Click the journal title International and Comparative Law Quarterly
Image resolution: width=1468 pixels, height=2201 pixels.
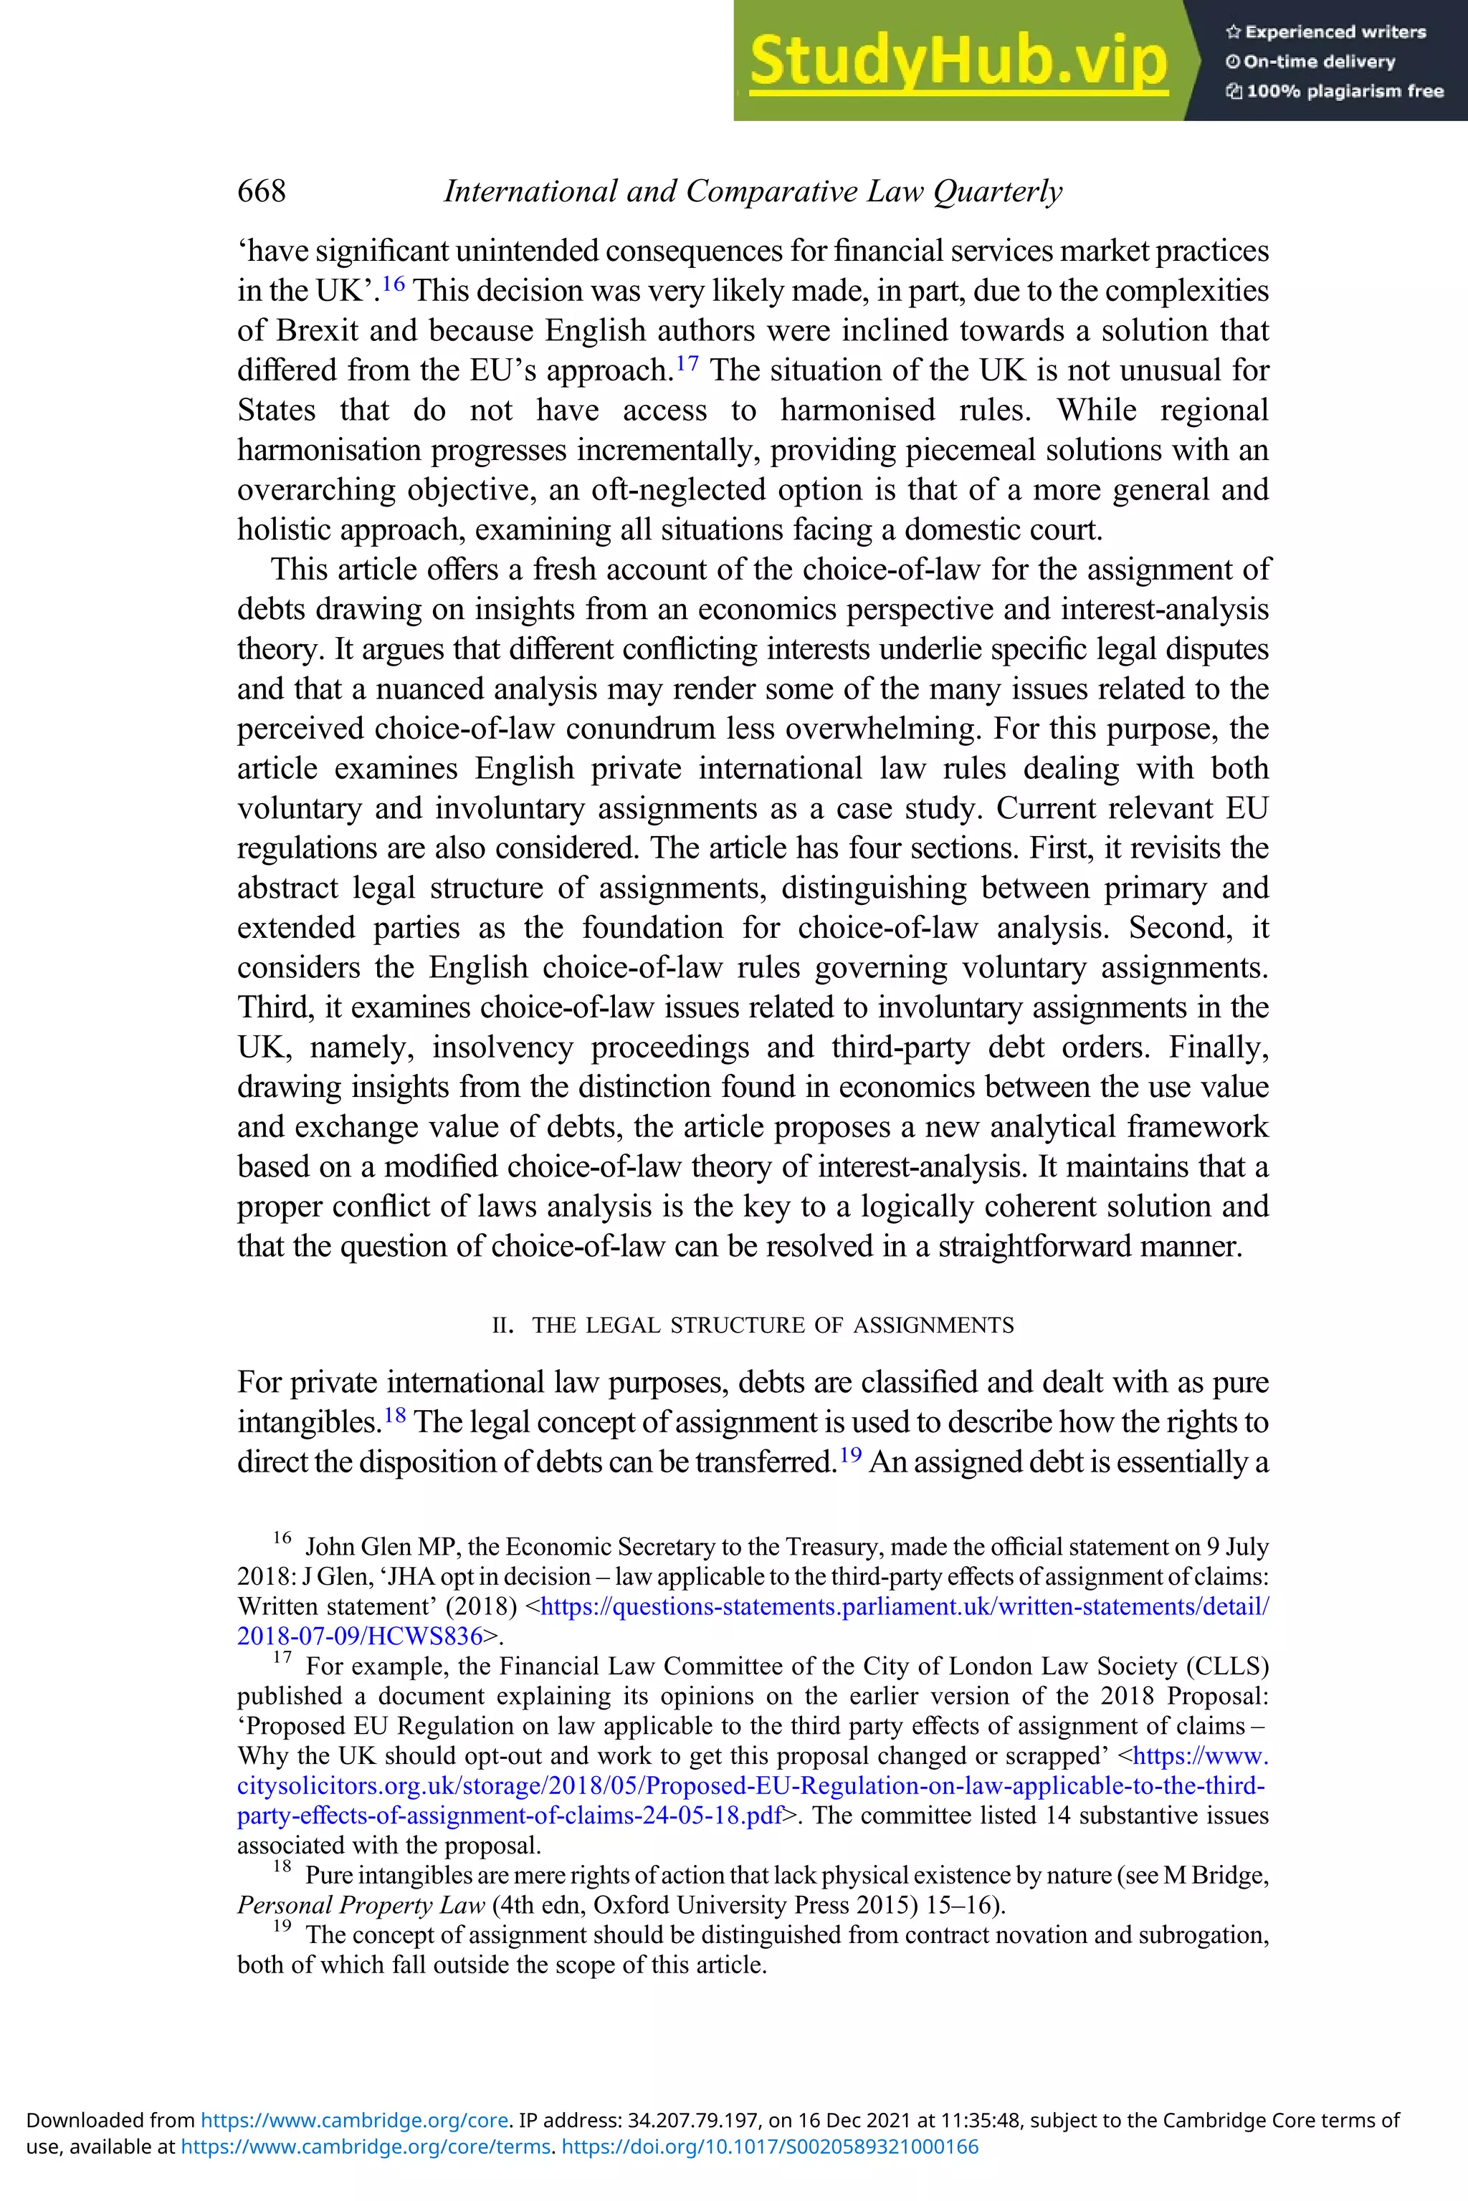pos(753,191)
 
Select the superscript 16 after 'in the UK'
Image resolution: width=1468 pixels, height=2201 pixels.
pos(394,282)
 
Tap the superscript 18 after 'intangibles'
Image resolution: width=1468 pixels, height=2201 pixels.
pos(394,1414)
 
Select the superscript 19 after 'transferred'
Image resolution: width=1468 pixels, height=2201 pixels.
pos(850,1454)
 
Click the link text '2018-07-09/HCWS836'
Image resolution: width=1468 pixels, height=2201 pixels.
pos(360,1636)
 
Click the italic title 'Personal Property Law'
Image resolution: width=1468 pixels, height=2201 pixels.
pos(361,1905)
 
